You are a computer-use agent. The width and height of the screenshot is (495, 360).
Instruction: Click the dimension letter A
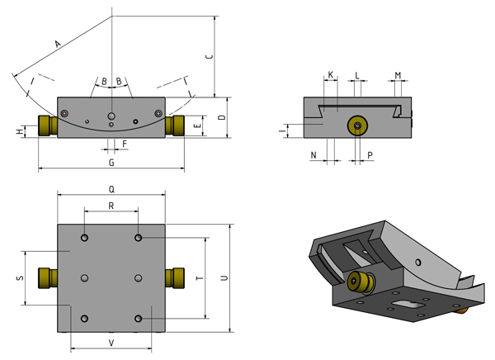coord(57,43)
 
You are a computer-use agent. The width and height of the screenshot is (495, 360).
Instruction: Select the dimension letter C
coord(209,56)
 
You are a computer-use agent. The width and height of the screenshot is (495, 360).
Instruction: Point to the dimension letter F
coord(125,144)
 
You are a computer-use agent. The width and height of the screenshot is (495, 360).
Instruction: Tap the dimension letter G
coord(111,163)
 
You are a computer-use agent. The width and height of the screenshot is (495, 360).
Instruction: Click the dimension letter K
coord(331,75)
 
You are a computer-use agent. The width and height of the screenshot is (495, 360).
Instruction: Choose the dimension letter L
coord(357,75)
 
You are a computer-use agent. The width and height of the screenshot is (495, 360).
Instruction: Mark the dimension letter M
coord(398,75)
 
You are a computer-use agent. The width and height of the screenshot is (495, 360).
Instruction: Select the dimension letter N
coord(313,154)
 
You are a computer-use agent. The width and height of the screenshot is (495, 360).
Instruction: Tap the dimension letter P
coord(370,154)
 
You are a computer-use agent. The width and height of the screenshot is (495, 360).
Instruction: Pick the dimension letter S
coord(19,278)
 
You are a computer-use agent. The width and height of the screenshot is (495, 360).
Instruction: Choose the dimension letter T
coord(198,278)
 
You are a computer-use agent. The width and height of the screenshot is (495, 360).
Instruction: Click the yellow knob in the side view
coord(356,126)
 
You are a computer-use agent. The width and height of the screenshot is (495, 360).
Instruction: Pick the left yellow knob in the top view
coord(46,277)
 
